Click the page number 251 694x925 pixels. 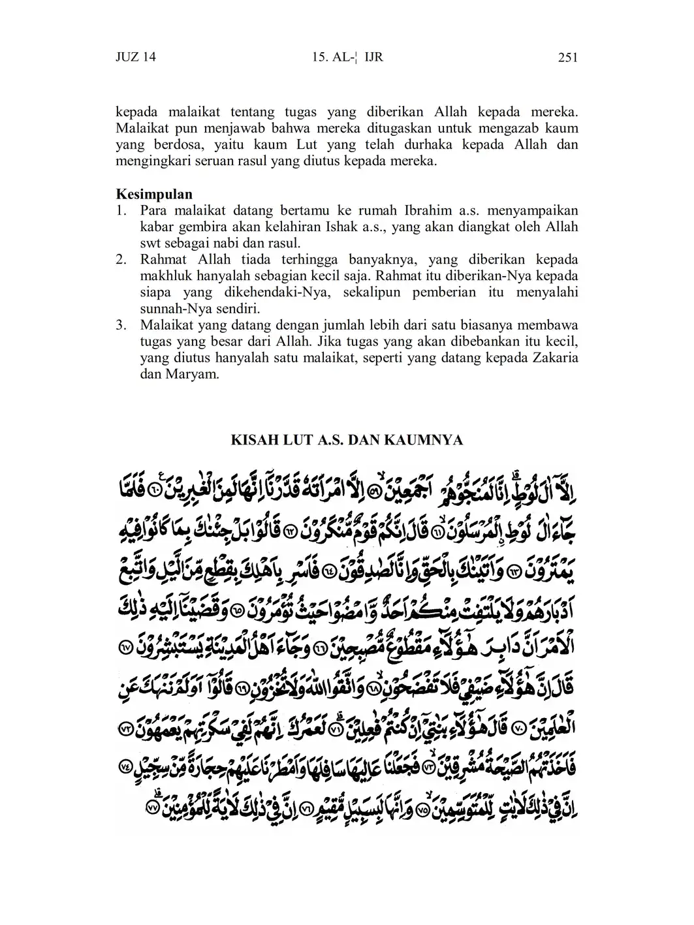567,57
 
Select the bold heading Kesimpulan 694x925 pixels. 154,195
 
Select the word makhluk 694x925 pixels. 166,276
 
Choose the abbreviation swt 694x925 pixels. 151,243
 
